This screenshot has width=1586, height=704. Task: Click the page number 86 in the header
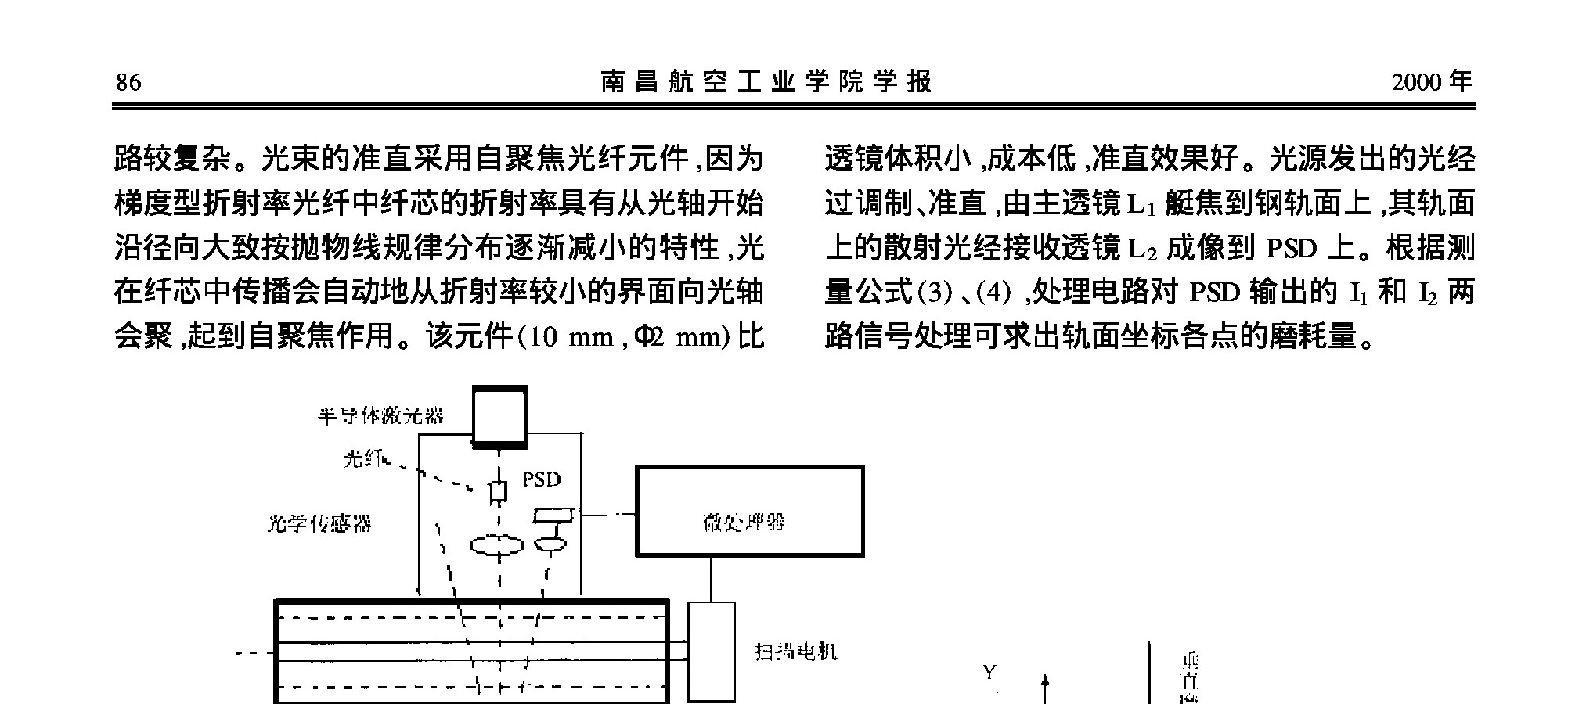tap(128, 82)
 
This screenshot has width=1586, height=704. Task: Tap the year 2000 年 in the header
tap(1431, 82)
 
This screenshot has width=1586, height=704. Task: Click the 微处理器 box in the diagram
tap(749, 512)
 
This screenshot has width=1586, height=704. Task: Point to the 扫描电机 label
tap(795, 651)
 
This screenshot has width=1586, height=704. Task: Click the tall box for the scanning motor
tap(711, 651)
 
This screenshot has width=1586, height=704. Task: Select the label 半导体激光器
tap(380, 415)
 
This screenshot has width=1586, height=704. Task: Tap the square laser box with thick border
tap(499, 415)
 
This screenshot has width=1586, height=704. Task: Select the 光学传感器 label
tap(319, 523)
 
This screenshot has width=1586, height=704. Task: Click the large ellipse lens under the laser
tap(497, 545)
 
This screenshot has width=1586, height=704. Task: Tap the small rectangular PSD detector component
tap(553, 515)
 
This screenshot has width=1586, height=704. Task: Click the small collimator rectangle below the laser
tap(499, 492)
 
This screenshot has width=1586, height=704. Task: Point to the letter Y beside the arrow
tap(989, 672)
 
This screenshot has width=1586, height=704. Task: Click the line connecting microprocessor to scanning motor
tap(711, 579)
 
